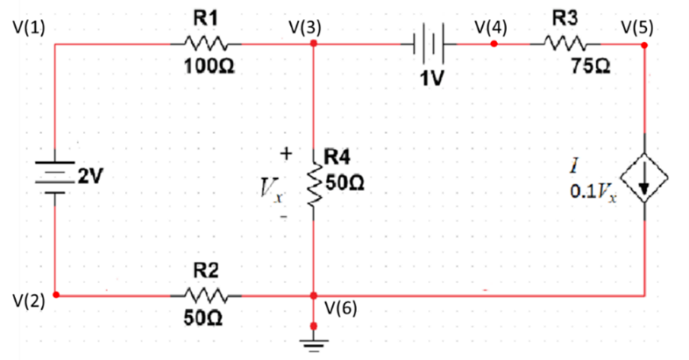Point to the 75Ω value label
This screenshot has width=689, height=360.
click(x=594, y=67)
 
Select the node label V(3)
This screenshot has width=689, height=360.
click(x=305, y=27)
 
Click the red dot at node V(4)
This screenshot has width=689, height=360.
click(x=493, y=45)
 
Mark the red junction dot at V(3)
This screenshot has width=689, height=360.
click(x=314, y=44)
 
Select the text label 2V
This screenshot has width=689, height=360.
click(x=90, y=176)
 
